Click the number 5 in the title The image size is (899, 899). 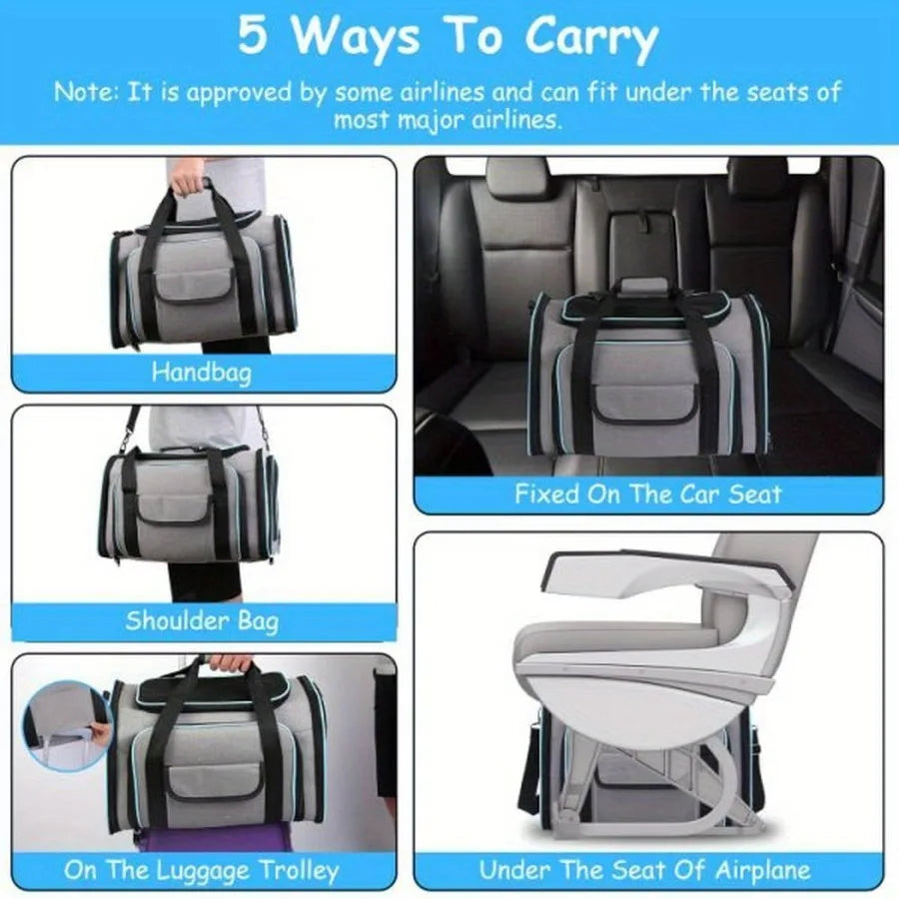251,37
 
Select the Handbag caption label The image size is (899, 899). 202,373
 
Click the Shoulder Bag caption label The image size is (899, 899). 202,620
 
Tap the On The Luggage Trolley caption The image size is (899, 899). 202,870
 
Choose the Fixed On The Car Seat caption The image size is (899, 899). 647,493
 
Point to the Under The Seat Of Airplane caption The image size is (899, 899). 644,870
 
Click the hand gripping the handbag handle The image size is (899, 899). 188,186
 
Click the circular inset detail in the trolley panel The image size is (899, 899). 68,724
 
